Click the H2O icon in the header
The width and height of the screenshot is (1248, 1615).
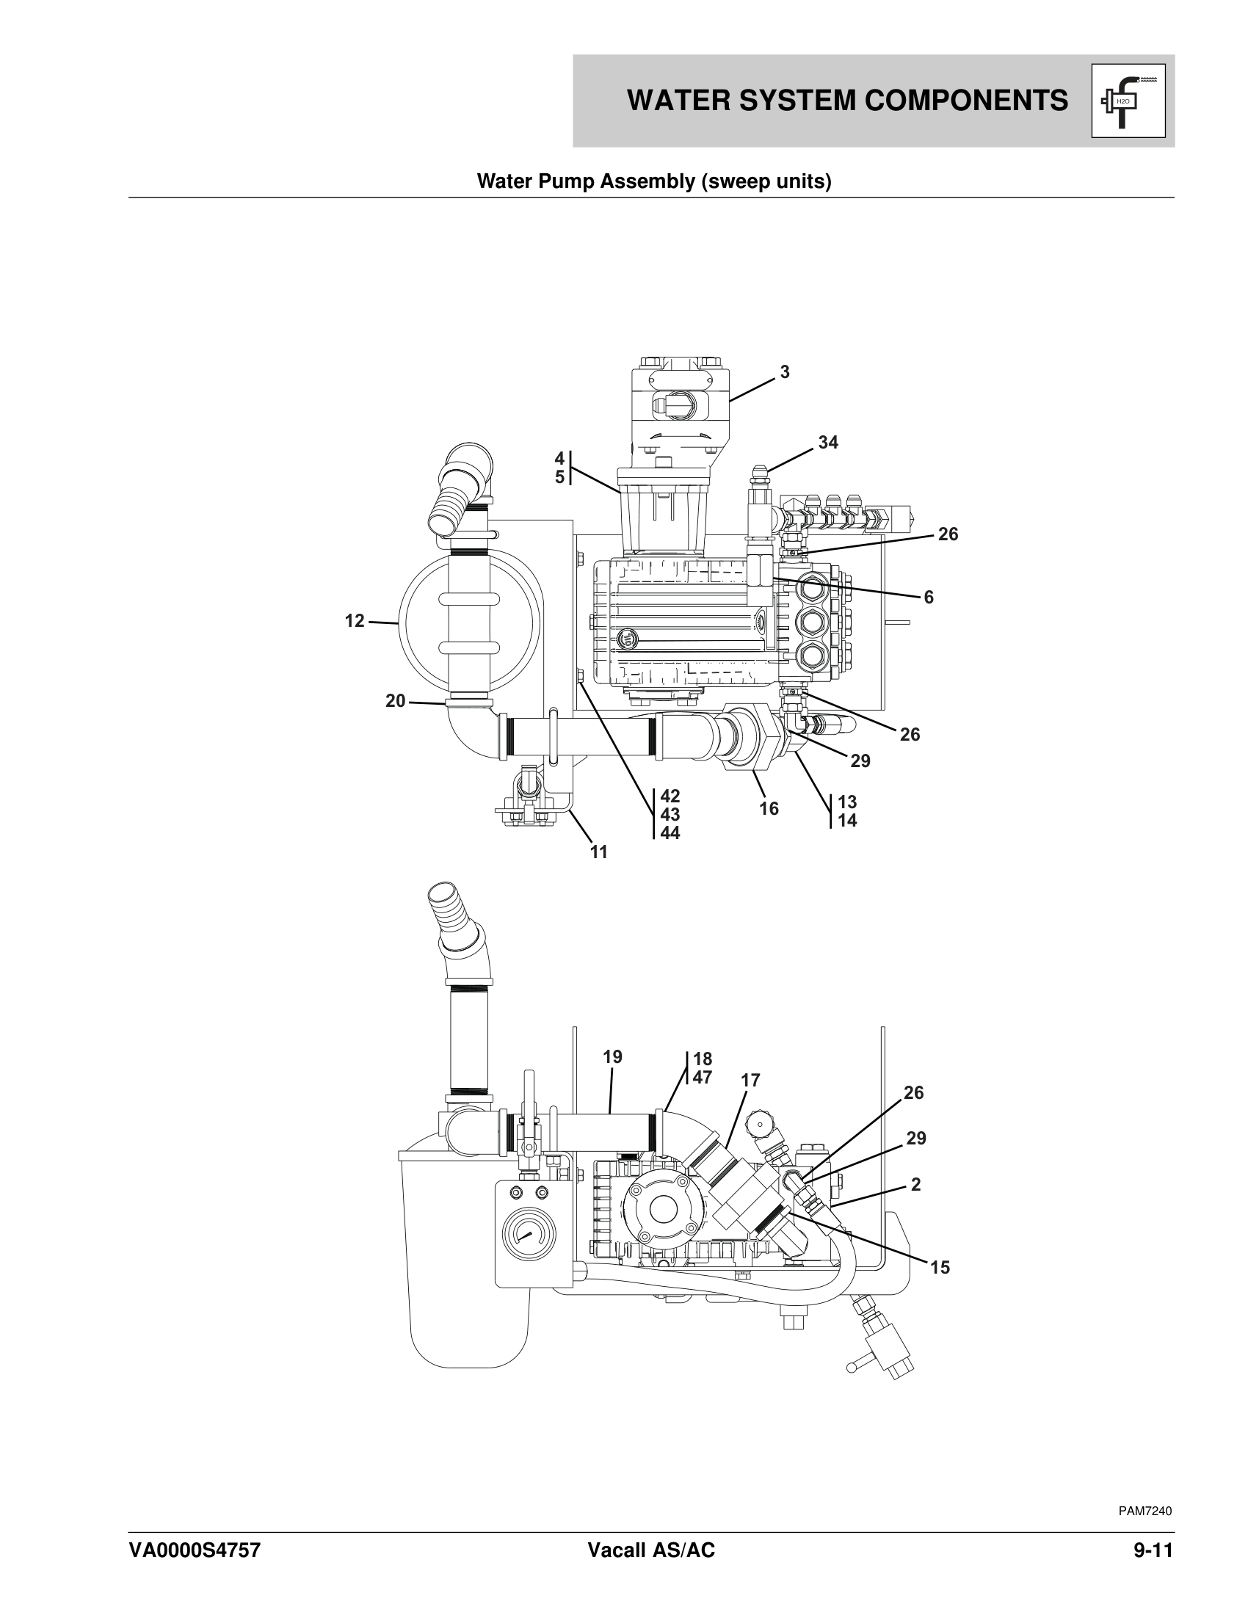(1128, 101)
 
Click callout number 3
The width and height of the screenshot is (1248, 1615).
(786, 373)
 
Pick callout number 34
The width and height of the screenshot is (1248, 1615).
(828, 442)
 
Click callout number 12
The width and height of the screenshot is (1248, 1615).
(355, 621)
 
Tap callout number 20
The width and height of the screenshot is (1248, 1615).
(396, 700)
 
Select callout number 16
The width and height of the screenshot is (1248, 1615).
(769, 808)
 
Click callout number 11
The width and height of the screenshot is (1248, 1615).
(599, 852)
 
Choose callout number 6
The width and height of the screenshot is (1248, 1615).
(929, 598)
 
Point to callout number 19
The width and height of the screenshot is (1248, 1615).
(612, 1056)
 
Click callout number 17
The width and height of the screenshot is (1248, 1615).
(750, 1081)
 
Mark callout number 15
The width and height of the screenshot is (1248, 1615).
(940, 1268)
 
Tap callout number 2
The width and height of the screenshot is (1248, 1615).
(916, 1185)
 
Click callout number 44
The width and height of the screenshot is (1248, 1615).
(670, 832)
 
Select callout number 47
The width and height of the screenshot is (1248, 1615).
(702, 1078)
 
